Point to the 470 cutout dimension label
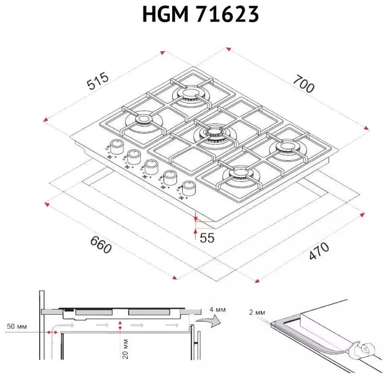[x=319, y=251]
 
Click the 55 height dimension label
[x=207, y=238]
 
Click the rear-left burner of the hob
[x=143, y=120]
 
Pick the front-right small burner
[x=240, y=173]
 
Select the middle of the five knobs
[x=152, y=166]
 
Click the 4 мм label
[x=218, y=310]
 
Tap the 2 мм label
[x=257, y=312]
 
